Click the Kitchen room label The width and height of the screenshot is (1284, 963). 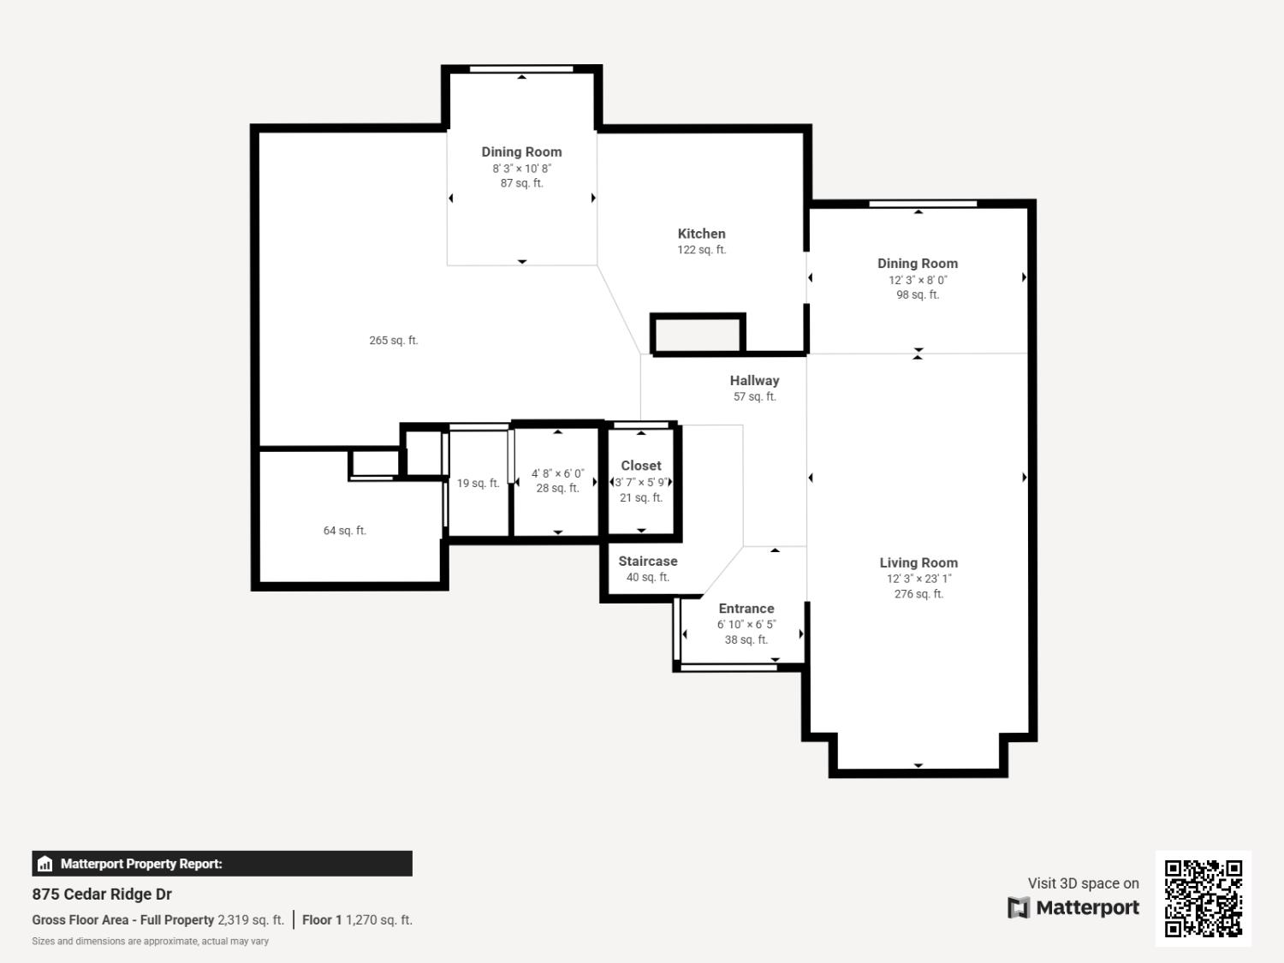pyautogui.click(x=701, y=234)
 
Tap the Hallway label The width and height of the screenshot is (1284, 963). pyautogui.click(x=754, y=381)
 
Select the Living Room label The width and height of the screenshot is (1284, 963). pyautogui.click(x=918, y=563)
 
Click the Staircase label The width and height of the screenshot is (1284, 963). pyautogui.click(x=648, y=562)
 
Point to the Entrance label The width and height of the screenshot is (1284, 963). pyautogui.click(x=746, y=609)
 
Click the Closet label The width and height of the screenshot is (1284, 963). pyautogui.click(x=641, y=466)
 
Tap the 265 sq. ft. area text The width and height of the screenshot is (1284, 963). pyautogui.click(x=394, y=341)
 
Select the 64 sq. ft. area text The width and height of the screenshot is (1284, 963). pyautogui.click(x=345, y=531)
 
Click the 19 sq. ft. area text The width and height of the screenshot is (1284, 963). pyautogui.click(x=478, y=484)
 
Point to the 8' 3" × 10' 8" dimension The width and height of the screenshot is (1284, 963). pyautogui.click(x=521, y=169)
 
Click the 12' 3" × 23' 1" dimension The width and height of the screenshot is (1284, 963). pyautogui.click(x=918, y=579)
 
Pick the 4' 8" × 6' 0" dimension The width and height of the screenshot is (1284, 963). pyautogui.click(x=557, y=473)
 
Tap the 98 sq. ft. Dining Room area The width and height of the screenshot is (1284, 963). pyautogui.click(x=918, y=294)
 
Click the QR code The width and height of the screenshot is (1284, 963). pyautogui.click(x=1203, y=898)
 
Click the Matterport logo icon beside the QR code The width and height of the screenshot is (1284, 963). pyautogui.click(x=1019, y=907)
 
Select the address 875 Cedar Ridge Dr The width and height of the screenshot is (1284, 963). pyautogui.click(x=102, y=895)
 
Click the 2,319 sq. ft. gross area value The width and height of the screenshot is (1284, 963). pyautogui.click(x=251, y=920)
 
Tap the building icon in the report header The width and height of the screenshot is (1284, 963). pyautogui.click(x=45, y=864)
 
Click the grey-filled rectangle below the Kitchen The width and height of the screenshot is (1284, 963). pyautogui.click(x=698, y=334)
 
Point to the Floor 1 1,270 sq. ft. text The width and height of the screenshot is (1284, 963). pyautogui.click(x=357, y=920)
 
